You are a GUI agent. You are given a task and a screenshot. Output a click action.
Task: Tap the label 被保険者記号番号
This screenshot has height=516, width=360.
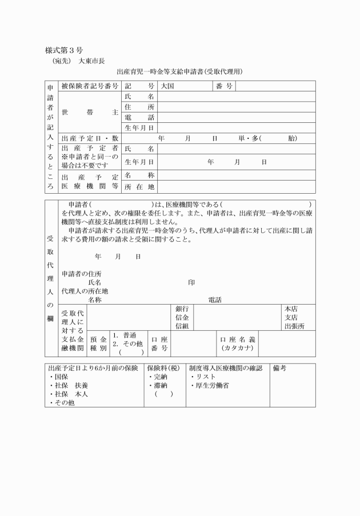[x=90, y=86]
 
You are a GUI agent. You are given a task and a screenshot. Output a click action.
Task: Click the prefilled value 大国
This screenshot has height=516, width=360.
[x=167, y=86]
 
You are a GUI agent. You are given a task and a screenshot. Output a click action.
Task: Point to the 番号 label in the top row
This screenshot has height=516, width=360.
[x=224, y=86]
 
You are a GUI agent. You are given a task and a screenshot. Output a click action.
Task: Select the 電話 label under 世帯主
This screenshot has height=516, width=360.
[x=139, y=118]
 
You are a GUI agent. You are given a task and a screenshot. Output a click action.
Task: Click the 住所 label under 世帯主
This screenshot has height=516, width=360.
[x=139, y=107]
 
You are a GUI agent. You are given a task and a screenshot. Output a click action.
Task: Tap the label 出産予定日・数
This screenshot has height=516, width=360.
[x=90, y=138]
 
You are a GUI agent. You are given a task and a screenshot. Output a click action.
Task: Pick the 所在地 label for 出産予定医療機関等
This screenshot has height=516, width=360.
[x=139, y=186]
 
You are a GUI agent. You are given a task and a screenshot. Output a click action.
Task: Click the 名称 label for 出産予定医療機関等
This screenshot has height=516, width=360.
[x=139, y=175]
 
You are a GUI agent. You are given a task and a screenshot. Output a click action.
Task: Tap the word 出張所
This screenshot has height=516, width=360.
[x=294, y=326]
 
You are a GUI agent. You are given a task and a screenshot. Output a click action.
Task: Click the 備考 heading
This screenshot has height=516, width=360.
[x=280, y=369]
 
